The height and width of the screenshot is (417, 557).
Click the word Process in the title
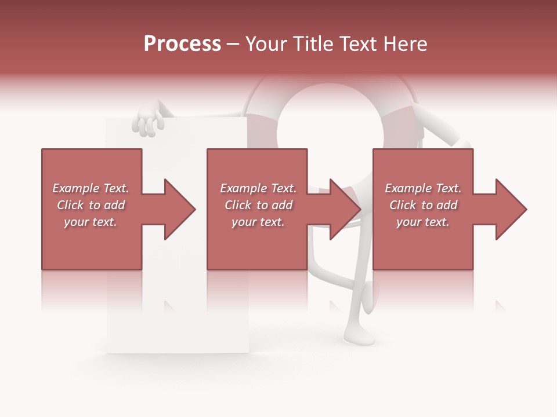182,44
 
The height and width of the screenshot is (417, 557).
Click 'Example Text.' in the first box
91,188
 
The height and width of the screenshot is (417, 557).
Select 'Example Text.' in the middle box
258,188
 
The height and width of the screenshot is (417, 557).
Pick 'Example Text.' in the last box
423,188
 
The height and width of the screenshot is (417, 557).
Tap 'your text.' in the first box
91,222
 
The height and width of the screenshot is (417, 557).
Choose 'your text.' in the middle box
258,222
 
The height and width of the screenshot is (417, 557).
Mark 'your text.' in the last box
423,222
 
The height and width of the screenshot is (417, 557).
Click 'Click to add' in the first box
91,205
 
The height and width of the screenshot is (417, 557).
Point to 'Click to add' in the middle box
258,205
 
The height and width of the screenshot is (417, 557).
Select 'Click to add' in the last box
423,205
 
